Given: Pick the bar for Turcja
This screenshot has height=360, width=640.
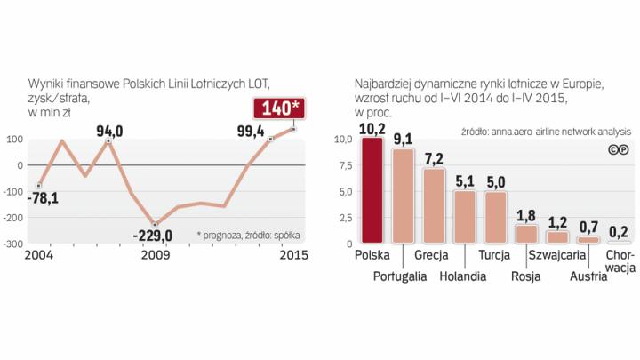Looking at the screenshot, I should click(496, 218).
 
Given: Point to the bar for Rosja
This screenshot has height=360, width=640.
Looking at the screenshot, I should click(526, 234).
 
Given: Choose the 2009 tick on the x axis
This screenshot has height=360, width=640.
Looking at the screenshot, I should click(155, 256).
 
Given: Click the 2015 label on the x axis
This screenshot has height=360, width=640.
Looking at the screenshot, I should click(292, 256).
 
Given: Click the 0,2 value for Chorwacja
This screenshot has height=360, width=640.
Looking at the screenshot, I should click(619, 231).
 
